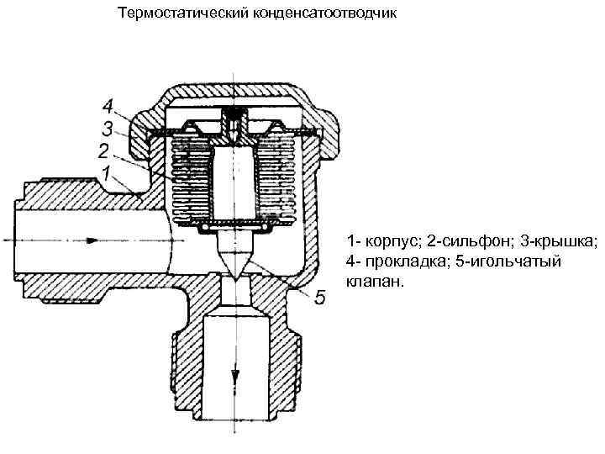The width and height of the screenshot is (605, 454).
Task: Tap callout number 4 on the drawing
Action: point(107,107)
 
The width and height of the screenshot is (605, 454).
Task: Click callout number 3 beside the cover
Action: point(107,129)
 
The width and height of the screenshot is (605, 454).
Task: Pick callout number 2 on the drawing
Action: point(103,151)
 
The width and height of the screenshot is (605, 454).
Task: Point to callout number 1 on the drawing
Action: point(107,173)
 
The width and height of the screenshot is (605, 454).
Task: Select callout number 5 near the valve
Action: point(319,298)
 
